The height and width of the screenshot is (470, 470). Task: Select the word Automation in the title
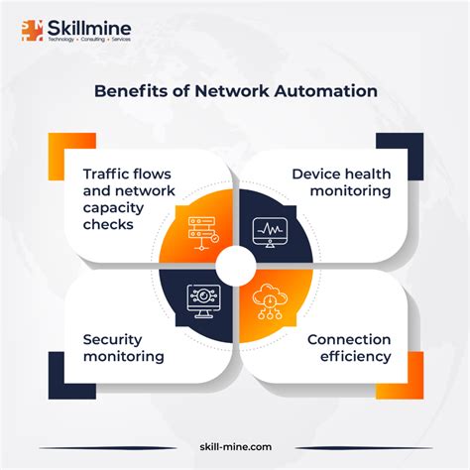328,90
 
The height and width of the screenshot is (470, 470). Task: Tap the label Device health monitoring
340,182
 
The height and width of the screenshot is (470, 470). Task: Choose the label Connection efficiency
348,348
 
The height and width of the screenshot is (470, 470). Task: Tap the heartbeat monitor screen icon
270,230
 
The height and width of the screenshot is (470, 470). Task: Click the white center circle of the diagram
235,264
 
